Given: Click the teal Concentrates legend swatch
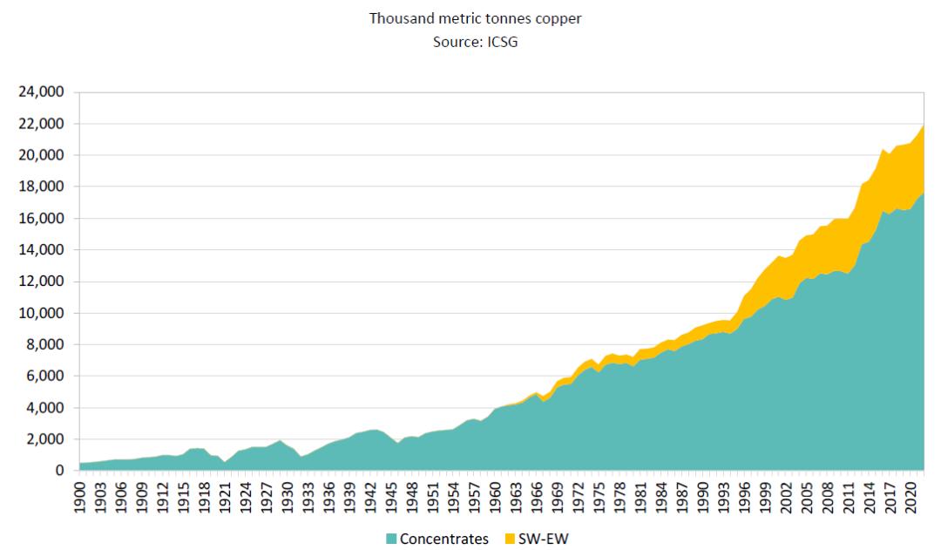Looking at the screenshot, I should pyautogui.click(x=391, y=539).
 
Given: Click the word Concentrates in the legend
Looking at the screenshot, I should pyautogui.click(x=443, y=539).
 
